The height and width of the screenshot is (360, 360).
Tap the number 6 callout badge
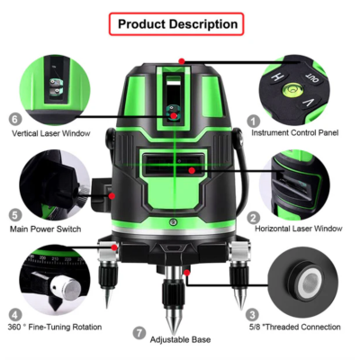(15, 119)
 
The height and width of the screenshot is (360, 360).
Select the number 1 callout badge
(254, 119)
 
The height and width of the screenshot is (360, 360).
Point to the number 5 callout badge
(15, 216)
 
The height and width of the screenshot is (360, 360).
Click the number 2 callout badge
(254, 216)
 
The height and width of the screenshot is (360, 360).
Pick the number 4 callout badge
(15, 313)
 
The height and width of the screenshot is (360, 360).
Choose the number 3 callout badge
(254, 313)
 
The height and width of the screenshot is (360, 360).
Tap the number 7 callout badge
(139, 331)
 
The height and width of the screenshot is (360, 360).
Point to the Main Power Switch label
(49, 229)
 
